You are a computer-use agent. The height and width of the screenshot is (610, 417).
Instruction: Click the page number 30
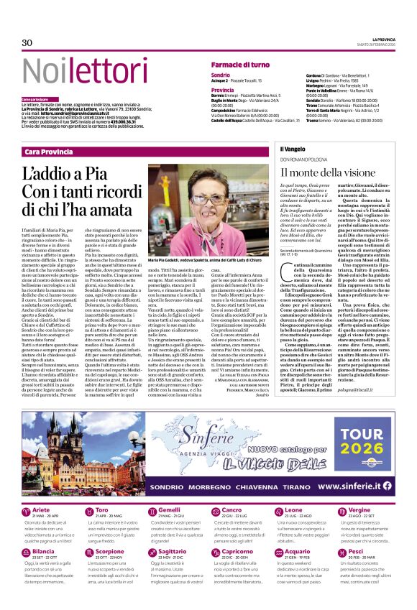pos(27,42)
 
